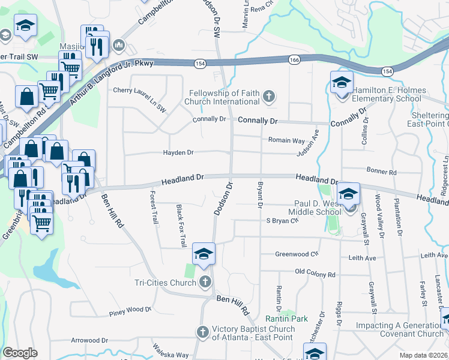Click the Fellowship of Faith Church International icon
coord(270,96)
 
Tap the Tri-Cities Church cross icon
coord(205,282)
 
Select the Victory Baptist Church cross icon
coord(202,332)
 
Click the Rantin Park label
coord(287,318)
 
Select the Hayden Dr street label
coord(178,153)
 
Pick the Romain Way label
coord(286,140)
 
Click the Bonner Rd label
coord(384,172)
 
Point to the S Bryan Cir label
coord(282,220)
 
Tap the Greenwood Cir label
coord(296,254)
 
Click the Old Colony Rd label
coord(315,274)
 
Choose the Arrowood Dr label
coord(89,340)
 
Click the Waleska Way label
coord(170,355)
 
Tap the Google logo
coord(20,353)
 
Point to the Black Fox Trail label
coord(181,226)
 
